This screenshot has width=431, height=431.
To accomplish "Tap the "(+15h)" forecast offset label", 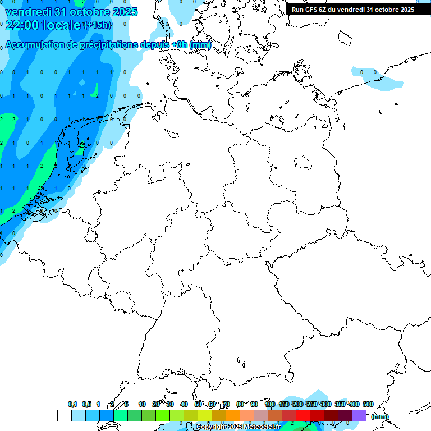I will (97, 25).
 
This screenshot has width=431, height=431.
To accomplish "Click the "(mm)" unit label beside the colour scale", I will (379, 416).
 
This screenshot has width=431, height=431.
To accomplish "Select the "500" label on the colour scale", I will (368, 404).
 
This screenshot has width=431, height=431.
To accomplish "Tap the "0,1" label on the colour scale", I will (72, 404).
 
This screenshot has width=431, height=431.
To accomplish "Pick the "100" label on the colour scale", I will (270, 404).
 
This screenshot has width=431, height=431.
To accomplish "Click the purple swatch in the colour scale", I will (359, 415).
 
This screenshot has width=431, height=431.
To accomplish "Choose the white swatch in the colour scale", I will (64, 415).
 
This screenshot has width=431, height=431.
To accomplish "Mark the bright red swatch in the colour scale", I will (303, 415).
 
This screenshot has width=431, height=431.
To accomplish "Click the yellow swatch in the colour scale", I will (205, 415).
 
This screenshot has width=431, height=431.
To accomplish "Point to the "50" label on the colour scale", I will (198, 404).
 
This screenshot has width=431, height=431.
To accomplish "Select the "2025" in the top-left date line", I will (125, 12).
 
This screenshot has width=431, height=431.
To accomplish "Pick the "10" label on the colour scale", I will (142, 404).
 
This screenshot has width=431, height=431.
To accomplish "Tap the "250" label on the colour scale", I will (312, 404).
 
